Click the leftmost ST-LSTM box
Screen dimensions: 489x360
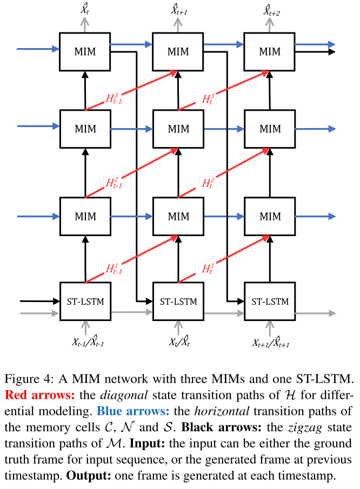[x=85, y=301]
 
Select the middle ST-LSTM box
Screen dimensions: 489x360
[x=178, y=301]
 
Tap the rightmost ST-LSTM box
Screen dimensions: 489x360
[x=270, y=301]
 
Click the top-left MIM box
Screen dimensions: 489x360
[x=85, y=51]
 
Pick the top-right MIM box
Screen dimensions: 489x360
[x=270, y=51]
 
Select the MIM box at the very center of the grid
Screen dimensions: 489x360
[x=178, y=129]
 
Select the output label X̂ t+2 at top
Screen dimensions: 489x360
[x=270, y=9]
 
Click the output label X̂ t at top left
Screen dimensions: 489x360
[x=85, y=9]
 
